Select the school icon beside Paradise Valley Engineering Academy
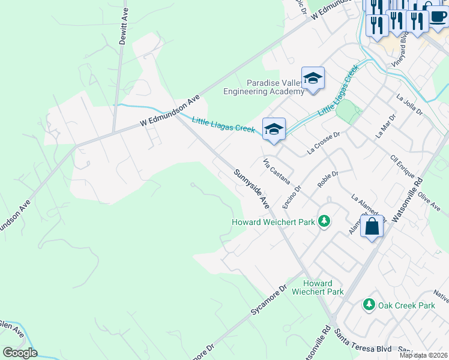click(313, 79)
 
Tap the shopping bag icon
click(372, 227)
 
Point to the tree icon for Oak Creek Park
click(369, 305)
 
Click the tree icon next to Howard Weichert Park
click(324, 222)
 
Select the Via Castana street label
click(277, 171)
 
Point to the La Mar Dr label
click(386, 126)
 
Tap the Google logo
click(20, 352)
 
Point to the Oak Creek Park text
click(406, 305)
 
